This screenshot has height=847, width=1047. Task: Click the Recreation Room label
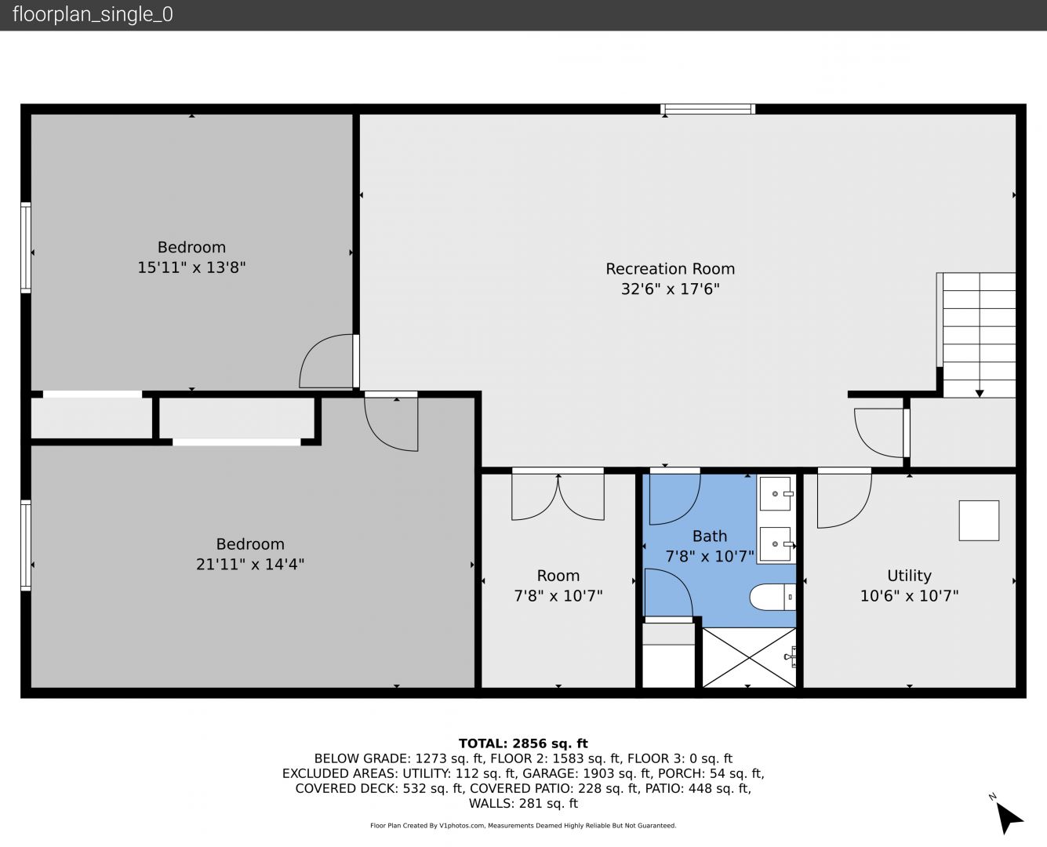point(670,269)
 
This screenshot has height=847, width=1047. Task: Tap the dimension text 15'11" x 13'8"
point(191,267)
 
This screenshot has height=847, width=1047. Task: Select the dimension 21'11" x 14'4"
point(250,564)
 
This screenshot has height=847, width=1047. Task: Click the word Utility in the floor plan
point(909,576)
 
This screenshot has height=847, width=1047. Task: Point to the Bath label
point(709,536)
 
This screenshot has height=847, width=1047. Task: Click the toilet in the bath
point(773,597)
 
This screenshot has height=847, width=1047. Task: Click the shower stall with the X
point(749,657)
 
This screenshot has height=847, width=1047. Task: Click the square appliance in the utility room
point(979,521)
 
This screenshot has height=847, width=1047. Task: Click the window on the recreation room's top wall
point(707,109)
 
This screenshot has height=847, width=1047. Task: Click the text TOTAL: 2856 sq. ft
point(523,743)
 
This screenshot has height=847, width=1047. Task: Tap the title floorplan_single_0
point(93,14)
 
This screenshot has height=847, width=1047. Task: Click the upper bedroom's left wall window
point(26,248)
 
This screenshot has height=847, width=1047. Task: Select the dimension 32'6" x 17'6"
point(670,289)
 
